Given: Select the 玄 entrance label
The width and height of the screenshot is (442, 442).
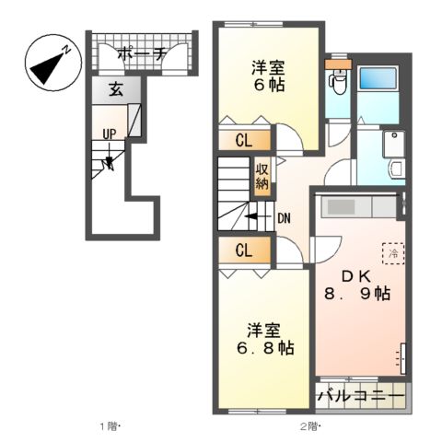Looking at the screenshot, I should pos(115,90).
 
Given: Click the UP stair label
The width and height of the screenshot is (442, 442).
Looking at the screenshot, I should pos(109,134).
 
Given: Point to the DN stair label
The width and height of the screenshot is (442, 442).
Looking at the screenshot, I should pos(284,219).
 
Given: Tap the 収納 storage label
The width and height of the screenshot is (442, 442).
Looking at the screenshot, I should pos(262,175).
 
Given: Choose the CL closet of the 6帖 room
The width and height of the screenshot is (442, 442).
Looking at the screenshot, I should pos(244,141).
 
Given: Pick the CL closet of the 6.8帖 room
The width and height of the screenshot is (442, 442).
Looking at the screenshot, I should pos(244,250).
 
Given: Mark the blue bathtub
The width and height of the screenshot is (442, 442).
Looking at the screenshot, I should pos(376,87).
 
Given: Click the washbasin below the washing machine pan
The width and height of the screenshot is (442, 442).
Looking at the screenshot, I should pos(395,169).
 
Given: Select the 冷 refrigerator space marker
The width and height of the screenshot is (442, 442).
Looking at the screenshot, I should pos(392,252).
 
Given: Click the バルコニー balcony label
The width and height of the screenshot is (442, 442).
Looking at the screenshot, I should pos(360,397).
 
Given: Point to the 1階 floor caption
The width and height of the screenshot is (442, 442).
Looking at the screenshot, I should pos(110,426).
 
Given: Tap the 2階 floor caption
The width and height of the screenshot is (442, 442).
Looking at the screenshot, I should pos(308,426).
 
